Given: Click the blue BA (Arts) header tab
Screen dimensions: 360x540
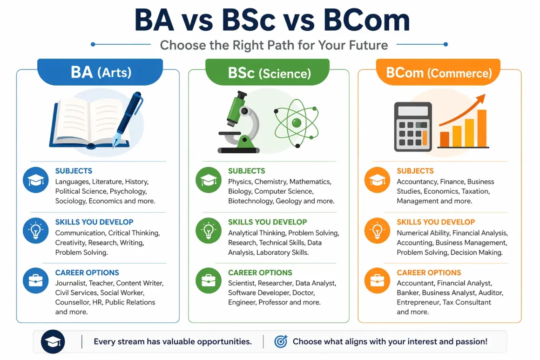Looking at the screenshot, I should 101,73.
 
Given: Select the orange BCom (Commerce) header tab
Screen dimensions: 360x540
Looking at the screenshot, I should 439,73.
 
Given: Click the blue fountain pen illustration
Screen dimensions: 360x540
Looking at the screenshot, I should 128,114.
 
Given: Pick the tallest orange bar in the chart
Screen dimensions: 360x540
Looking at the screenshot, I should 481,128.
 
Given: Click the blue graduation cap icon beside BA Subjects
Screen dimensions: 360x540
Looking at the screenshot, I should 36,180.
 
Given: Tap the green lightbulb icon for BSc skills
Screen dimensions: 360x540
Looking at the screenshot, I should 209,231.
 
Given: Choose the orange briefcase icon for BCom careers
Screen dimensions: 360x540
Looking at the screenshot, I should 377,281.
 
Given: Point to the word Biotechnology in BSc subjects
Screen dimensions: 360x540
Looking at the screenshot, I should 250,201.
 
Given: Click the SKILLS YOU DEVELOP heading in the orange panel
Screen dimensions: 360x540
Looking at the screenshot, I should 436,222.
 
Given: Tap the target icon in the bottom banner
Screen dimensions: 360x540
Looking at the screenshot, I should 280,341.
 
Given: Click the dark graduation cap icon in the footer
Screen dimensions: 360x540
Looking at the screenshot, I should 53,342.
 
